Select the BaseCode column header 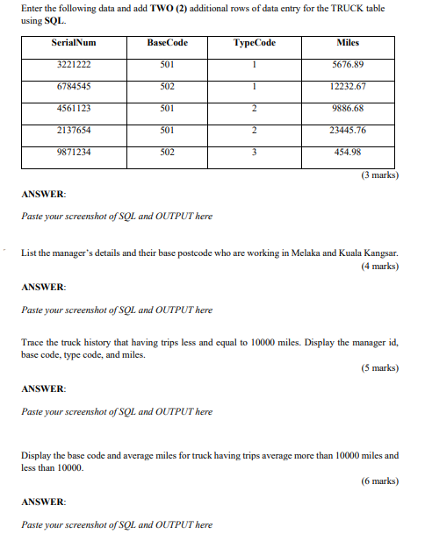[168, 42]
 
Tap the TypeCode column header [253, 42]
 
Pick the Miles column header [348, 42]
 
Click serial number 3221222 [74, 64]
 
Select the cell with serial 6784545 [74, 86]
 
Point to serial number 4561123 [74, 108]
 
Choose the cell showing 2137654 [74, 130]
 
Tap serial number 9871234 [74, 152]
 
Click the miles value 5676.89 [348, 64]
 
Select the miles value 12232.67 [348, 86]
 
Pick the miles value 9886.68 [348, 108]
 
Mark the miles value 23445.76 [348, 130]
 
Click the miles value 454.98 [348, 152]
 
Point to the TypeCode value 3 [253, 152]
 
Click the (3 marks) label [379, 174]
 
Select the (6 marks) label [379, 481]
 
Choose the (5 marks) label [379, 367]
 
